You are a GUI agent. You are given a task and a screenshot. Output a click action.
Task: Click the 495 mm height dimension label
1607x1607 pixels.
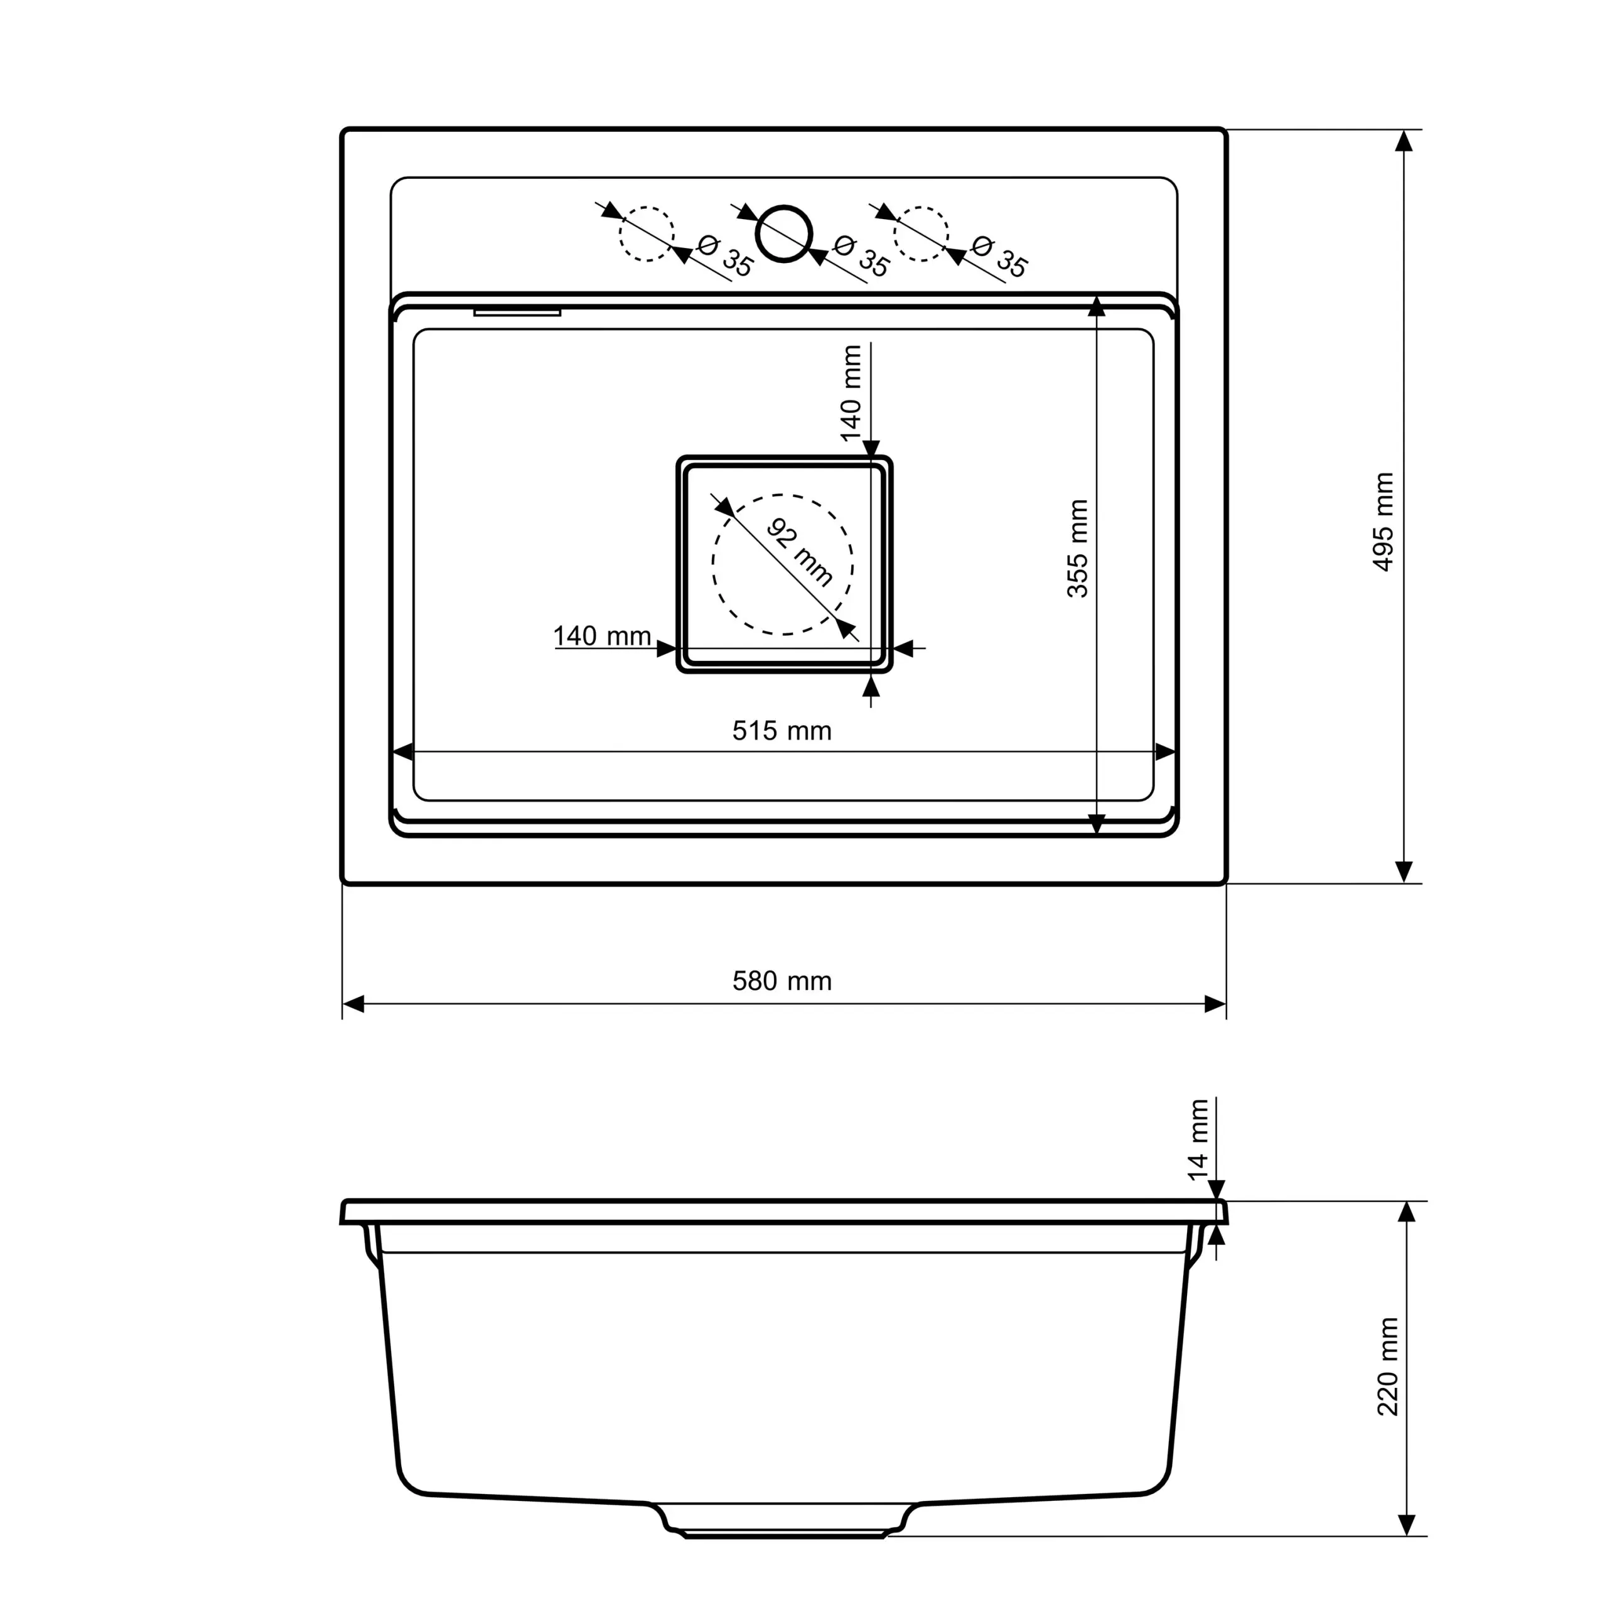coord(1382,522)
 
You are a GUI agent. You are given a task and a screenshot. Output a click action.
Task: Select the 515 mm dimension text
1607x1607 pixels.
coord(782,731)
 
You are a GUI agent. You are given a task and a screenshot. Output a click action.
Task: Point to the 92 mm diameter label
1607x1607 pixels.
coord(798,552)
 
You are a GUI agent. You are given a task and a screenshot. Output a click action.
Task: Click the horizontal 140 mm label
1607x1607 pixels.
coord(602,637)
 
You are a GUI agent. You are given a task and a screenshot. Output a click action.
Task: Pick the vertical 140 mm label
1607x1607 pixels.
coord(851,392)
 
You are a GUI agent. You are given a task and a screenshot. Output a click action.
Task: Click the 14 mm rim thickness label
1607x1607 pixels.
coord(1198,1139)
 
